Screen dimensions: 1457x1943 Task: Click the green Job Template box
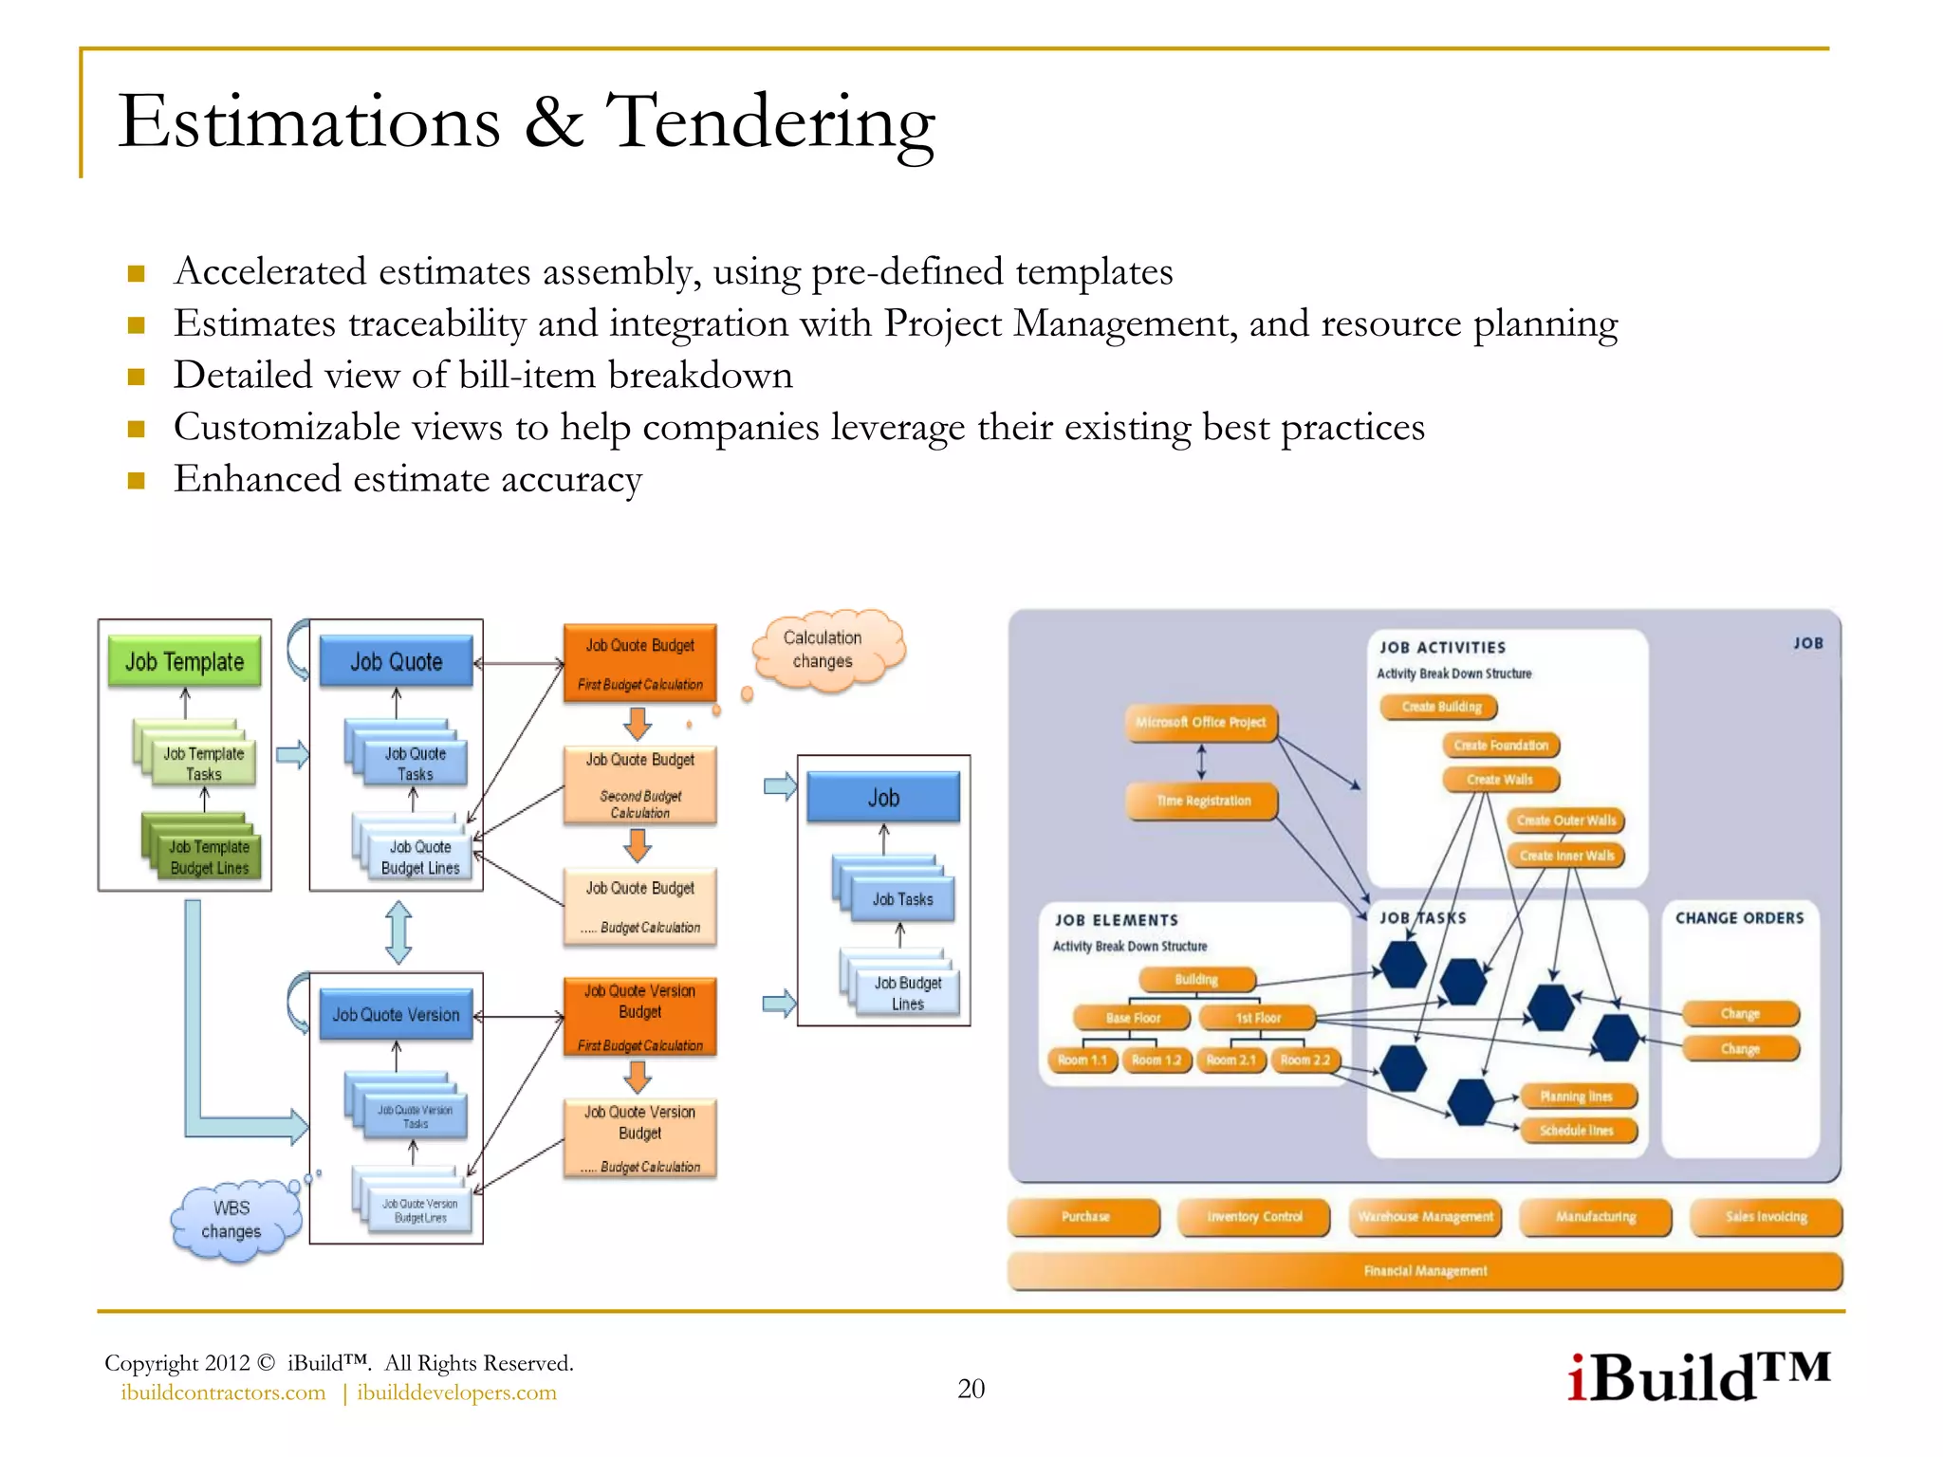click(185, 661)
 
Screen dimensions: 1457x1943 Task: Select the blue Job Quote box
click(397, 661)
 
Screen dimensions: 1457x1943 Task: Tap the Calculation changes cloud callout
click(823, 650)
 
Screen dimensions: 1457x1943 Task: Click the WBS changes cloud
click(232, 1220)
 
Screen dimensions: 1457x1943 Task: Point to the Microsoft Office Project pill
click(1201, 723)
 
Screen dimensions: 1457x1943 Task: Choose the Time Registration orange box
click(1202, 801)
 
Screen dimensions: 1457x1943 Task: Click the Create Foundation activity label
click(1501, 746)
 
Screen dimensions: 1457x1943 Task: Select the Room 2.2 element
click(1305, 1060)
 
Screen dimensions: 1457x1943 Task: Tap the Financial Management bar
click(1425, 1271)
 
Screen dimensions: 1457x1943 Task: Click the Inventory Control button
click(1254, 1217)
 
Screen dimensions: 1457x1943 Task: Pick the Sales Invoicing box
click(1766, 1217)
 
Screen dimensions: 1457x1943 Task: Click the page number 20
click(971, 1389)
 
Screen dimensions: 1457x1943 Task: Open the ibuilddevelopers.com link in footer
click(456, 1392)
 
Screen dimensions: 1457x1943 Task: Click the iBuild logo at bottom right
click(1698, 1377)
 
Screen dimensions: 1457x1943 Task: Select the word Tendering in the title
click(770, 123)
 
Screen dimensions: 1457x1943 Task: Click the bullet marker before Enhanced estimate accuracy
click(137, 480)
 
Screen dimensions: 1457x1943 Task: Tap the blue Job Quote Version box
click(396, 1015)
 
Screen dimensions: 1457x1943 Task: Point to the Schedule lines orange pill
click(1576, 1131)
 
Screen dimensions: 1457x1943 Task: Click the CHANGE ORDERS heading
click(1739, 918)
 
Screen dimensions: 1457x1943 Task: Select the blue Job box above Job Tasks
click(883, 798)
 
